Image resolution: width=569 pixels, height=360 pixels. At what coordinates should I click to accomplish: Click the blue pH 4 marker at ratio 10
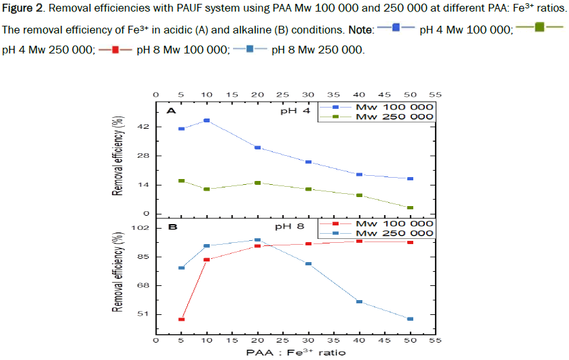[207, 120]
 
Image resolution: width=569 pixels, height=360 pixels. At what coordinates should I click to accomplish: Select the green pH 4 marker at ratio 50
[411, 207]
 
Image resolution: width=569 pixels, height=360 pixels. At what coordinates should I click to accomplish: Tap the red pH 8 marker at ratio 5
[182, 319]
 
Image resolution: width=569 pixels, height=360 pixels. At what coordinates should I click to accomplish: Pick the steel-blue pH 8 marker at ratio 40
[359, 301]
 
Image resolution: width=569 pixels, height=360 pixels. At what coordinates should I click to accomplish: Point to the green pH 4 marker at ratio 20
[257, 183]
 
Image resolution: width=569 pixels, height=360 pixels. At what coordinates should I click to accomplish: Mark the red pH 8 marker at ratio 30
[308, 243]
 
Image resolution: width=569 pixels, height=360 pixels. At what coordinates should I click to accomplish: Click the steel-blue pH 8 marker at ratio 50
[410, 319]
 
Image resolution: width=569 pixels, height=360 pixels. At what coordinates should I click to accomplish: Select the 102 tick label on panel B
[142, 228]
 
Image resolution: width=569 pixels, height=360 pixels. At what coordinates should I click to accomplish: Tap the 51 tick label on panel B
[144, 314]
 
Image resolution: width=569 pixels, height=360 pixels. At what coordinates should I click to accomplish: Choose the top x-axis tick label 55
[435, 95]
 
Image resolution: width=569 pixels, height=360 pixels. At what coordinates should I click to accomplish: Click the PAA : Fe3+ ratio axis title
[295, 352]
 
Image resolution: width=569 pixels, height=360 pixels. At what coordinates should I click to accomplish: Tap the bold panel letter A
[172, 111]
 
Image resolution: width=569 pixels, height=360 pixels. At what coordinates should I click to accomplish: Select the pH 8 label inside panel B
[288, 227]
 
